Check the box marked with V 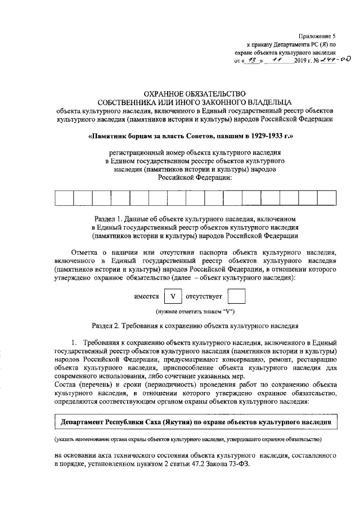tap(173, 295)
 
